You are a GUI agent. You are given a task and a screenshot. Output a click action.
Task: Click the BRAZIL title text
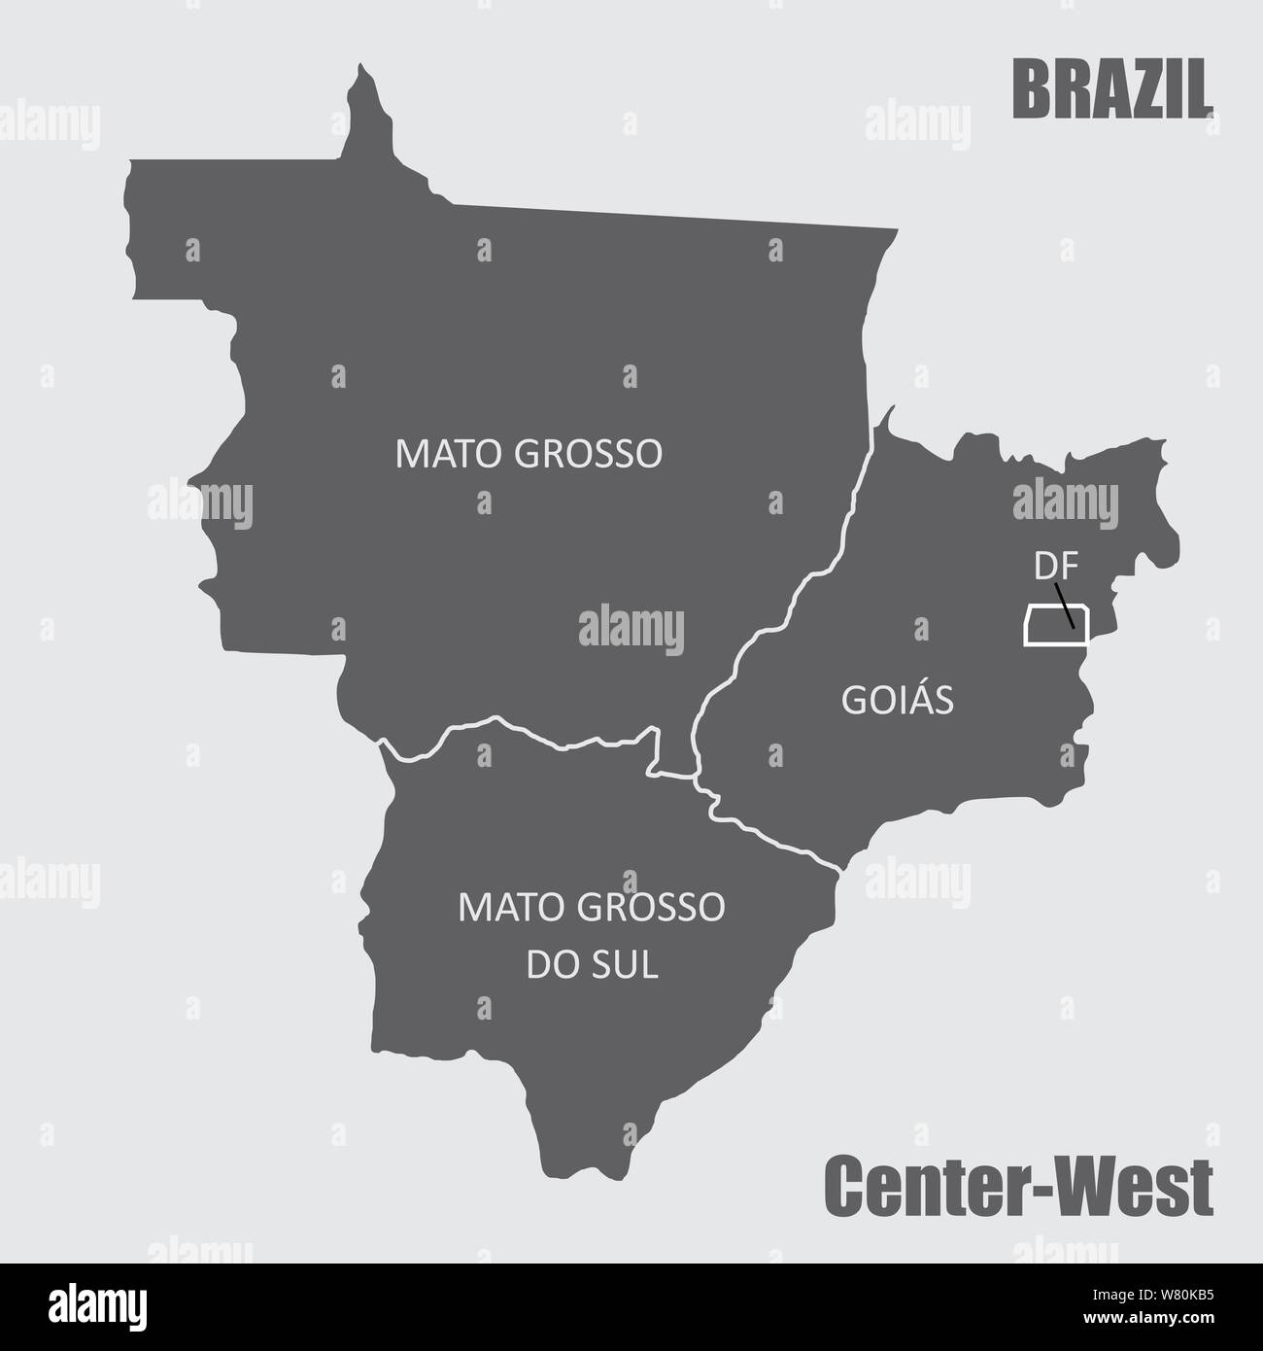tap(1112, 89)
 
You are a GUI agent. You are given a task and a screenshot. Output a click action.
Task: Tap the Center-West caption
tap(1018, 1185)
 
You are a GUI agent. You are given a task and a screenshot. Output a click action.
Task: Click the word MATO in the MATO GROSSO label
tap(436, 454)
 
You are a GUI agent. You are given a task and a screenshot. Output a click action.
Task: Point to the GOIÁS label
tap(897, 700)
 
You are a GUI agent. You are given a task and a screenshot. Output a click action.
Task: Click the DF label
tap(1050, 566)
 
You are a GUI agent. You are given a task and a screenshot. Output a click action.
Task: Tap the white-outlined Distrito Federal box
tap(1044, 625)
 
